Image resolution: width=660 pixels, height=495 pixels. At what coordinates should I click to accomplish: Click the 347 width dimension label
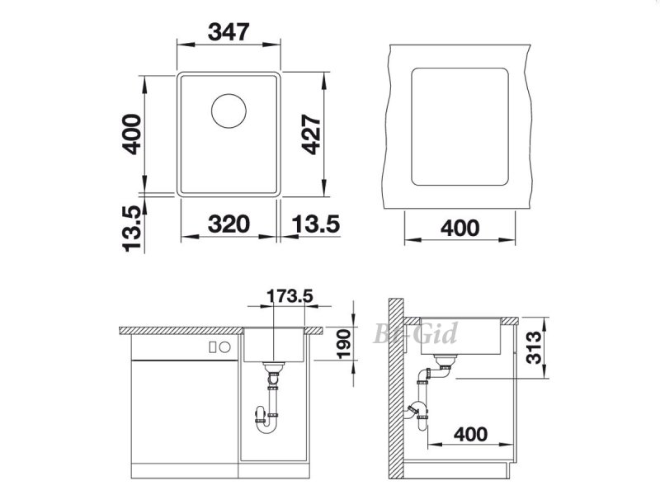pos(229,32)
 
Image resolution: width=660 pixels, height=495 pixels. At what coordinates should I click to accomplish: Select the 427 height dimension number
pos(312,134)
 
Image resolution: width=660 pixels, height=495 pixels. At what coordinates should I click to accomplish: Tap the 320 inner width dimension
pos(229,224)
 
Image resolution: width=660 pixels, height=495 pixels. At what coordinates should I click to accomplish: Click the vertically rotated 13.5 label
pos(132,229)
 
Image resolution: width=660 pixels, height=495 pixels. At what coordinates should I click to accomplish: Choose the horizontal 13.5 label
pos(316,224)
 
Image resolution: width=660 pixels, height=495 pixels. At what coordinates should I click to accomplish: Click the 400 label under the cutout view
pos(460,229)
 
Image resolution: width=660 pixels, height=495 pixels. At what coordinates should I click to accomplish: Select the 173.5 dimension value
pos(290,296)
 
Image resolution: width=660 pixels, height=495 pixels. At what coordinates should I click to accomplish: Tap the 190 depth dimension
pos(344,344)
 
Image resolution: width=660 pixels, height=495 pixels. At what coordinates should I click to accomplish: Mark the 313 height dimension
pos(534,347)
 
